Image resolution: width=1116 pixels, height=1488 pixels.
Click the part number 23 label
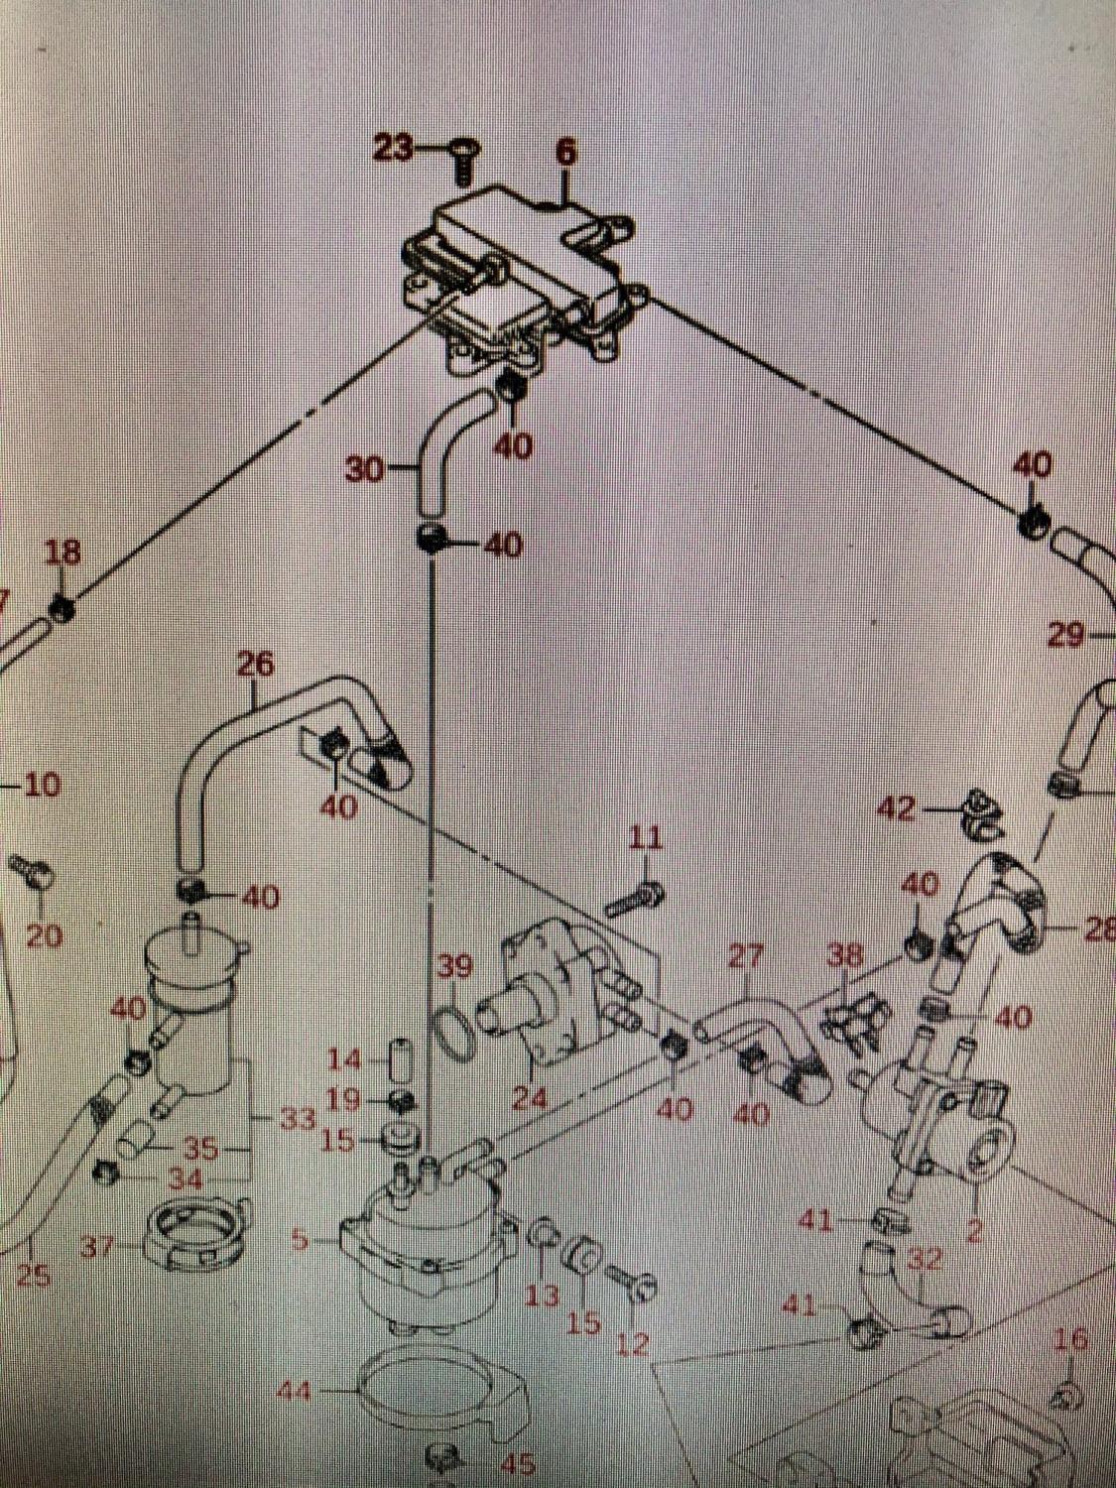pyautogui.click(x=393, y=149)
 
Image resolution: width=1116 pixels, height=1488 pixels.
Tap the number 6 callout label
pyautogui.click(x=564, y=152)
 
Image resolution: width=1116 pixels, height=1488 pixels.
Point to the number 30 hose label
pyautogui.click(x=364, y=469)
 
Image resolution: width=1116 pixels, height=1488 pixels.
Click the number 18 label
pyautogui.click(x=64, y=553)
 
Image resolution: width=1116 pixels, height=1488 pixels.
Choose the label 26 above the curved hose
pyautogui.click(x=255, y=664)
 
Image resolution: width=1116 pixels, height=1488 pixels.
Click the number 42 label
pyautogui.click(x=898, y=809)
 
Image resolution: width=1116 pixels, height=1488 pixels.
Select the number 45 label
pyautogui.click(x=518, y=1462)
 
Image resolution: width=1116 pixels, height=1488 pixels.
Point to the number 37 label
pyautogui.click(x=98, y=1247)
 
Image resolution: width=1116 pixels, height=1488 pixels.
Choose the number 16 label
pyautogui.click(x=1069, y=1339)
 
